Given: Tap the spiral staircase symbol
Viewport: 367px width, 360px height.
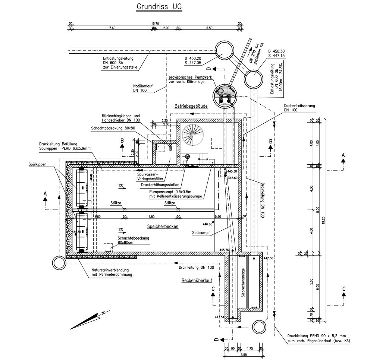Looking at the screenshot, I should pyautogui.click(x=193, y=135).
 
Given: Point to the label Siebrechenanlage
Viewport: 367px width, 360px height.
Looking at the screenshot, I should pyautogui.click(x=243, y=283).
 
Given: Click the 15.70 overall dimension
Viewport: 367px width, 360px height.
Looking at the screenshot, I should pyautogui.click(x=155, y=23).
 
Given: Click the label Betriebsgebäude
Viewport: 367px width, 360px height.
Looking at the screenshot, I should pyautogui.click(x=191, y=106).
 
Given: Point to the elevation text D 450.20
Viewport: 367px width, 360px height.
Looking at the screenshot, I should pyautogui.click(x=193, y=59).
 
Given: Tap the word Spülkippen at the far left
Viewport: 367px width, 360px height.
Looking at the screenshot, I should pyautogui.click(x=37, y=164).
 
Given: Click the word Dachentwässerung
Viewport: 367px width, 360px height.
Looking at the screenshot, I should pyautogui.click(x=299, y=106).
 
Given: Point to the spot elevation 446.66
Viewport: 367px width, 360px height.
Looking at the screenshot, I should pyautogui.click(x=207, y=224).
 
